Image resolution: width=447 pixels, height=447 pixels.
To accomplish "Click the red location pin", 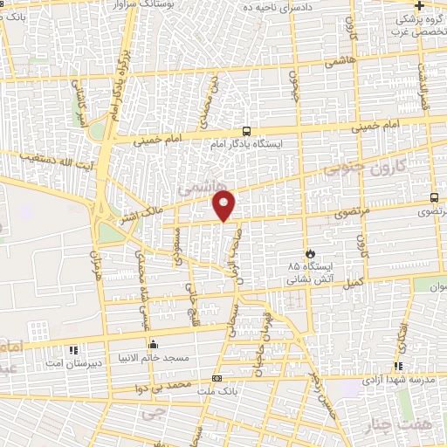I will [x=224, y=206].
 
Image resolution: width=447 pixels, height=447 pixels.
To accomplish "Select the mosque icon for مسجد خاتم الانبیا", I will [x=154, y=343].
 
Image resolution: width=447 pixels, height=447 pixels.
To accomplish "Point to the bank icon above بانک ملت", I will [x=217, y=378].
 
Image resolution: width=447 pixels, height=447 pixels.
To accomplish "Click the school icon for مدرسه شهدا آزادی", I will [x=398, y=367].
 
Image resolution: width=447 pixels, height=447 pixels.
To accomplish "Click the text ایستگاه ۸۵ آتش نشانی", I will [x=306, y=272].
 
